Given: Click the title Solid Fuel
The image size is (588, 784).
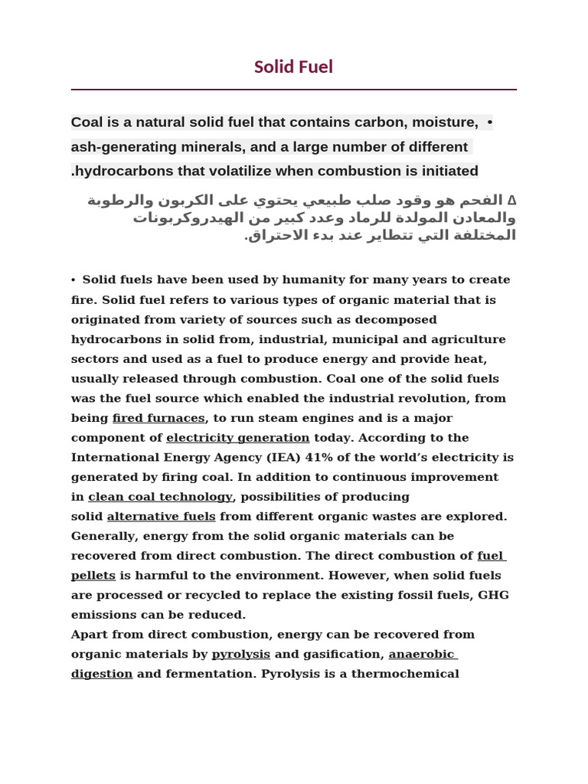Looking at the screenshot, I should coord(293,67).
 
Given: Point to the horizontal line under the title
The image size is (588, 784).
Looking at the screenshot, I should coord(293,90).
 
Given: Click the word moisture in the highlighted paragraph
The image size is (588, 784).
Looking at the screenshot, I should coord(445,122).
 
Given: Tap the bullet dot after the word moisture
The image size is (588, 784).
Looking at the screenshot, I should coord(489,122).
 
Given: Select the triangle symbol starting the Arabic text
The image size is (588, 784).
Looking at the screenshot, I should coord(511,201).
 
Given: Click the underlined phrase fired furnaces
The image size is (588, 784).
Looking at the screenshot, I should coord(158,418).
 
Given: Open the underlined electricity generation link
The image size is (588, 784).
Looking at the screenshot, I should coord(237,438).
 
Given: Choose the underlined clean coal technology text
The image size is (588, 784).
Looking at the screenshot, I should coord(160,497).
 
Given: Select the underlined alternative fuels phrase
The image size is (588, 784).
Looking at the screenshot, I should coord(161,517).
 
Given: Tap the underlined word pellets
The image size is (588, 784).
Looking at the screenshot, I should coord(93,576).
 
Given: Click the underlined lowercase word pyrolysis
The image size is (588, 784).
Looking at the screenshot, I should coord(240,655).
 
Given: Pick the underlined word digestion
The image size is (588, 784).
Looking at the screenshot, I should coord(102,675).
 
